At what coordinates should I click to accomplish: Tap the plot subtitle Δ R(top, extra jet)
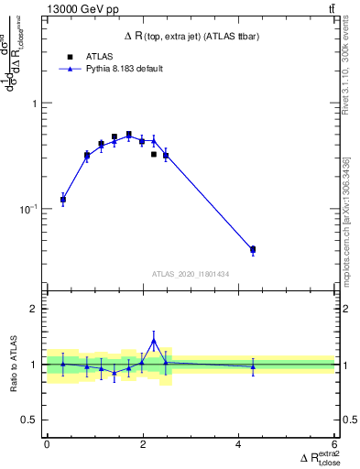(x=191, y=36)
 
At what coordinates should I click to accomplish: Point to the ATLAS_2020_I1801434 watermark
(x=191, y=274)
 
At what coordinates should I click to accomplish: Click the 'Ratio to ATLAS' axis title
(x=12, y=364)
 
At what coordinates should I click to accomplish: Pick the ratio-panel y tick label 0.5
(x=30, y=420)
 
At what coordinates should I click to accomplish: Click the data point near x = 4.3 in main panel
(x=253, y=249)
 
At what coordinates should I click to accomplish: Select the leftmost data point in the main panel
(x=63, y=199)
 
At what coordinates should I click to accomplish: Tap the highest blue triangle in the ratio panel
(x=154, y=340)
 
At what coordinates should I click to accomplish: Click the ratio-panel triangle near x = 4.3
(x=253, y=366)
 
